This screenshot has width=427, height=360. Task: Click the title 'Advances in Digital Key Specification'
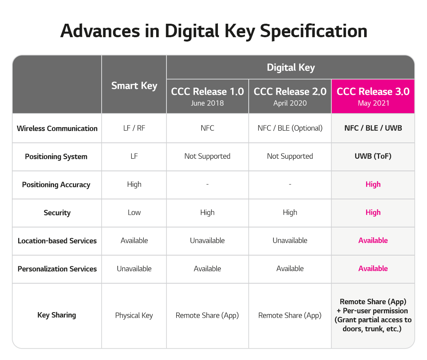click(x=214, y=31)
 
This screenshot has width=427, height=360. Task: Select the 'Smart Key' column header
click(x=134, y=86)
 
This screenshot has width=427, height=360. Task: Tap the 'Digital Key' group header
click(x=291, y=68)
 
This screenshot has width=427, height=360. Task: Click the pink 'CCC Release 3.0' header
click(x=373, y=91)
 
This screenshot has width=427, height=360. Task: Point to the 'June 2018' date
click(x=207, y=103)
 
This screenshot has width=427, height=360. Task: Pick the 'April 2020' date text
click(x=290, y=103)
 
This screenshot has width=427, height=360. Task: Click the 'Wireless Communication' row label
click(x=57, y=128)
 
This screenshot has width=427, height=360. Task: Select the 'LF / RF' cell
click(x=134, y=128)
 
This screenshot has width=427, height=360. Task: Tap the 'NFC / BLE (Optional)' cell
click(x=290, y=128)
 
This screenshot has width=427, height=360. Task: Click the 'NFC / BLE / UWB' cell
click(x=373, y=128)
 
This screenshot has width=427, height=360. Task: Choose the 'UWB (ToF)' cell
click(x=373, y=156)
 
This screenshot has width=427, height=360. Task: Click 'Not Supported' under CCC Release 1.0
click(x=207, y=156)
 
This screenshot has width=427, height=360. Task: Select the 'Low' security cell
click(x=134, y=212)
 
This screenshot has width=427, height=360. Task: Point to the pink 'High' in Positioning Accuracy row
click(x=373, y=184)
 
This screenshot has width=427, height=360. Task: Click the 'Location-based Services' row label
click(x=57, y=241)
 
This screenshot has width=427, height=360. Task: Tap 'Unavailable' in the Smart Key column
click(x=134, y=269)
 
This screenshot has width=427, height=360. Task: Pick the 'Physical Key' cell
click(x=134, y=315)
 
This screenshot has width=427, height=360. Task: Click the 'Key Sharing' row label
click(x=57, y=315)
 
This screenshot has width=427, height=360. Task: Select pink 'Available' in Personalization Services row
click(x=373, y=269)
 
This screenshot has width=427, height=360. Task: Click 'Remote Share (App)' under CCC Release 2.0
click(x=290, y=315)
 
